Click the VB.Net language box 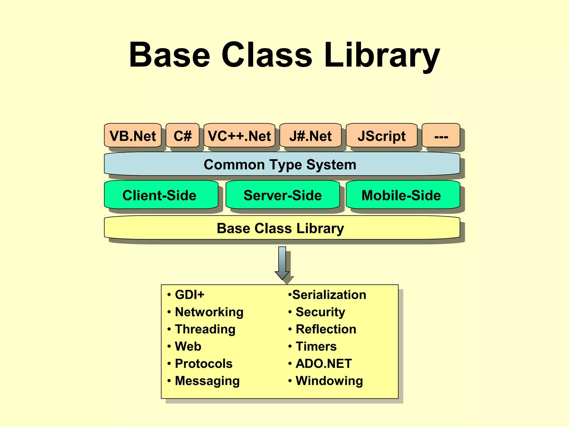133,136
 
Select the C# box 183,136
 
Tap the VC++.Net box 239,136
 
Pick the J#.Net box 310,136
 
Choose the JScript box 381,136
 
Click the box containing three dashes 441,136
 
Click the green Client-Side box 160,195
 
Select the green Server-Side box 283,195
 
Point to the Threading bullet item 205,329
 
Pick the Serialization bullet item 329,294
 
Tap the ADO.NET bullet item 324,363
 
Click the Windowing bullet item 329,381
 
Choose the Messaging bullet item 207,381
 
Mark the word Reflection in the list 326,329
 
